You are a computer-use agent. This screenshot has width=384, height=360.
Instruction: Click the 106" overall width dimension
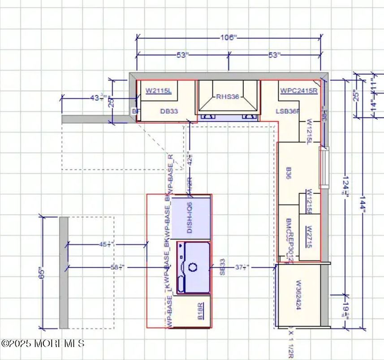[x=228, y=38]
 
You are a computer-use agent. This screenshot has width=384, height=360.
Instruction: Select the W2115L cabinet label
[x=159, y=91]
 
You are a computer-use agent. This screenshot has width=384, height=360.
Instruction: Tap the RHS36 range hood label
[x=228, y=97]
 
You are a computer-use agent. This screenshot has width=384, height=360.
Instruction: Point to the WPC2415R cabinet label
[x=299, y=90]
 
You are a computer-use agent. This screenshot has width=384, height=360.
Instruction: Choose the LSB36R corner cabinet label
[x=287, y=111]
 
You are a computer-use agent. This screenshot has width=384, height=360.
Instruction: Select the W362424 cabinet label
[x=298, y=296]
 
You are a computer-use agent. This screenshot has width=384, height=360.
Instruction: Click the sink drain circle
[x=193, y=267]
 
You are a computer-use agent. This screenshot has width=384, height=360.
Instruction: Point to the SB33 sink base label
[x=222, y=267]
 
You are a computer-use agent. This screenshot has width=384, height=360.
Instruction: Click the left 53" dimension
[x=182, y=55]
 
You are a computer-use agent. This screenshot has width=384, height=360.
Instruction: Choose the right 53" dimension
[x=275, y=55]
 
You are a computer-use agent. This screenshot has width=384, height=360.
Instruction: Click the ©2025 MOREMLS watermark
[x=43, y=343]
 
